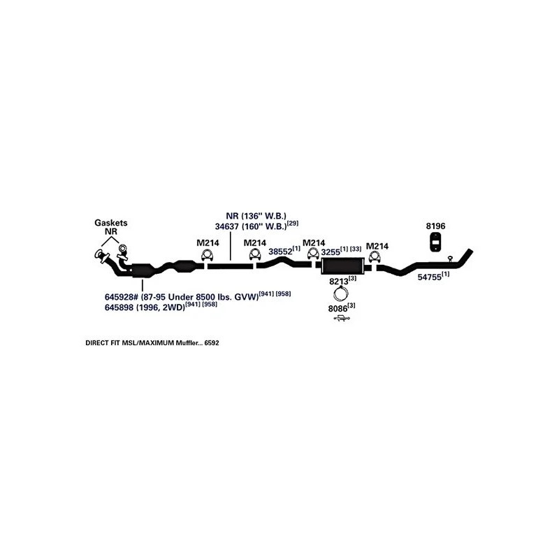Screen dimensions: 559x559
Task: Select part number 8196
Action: (435, 226)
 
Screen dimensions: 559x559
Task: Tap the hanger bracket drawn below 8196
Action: (435, 242)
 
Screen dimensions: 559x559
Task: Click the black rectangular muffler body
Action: (342, 266)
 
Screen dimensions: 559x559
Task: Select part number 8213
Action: (338, 281)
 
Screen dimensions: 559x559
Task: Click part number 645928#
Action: (124, 296)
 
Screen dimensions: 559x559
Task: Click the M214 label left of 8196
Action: (377, 246)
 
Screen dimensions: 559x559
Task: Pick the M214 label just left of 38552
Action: (254, 243)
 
